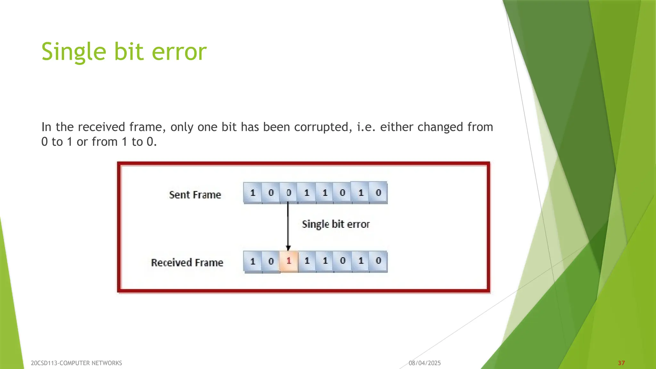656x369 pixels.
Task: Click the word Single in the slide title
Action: coord(74,52)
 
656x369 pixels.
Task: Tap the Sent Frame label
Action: coord(195,195)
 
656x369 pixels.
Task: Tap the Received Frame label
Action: coord(187,263)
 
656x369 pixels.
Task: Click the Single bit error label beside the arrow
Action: coord(336,224)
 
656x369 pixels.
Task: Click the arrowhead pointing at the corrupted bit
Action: coord(288,248)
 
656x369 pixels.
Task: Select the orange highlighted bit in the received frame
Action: coord(289,261)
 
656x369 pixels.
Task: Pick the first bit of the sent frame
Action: coord(253,193)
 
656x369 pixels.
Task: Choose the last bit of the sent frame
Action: coord(378,193)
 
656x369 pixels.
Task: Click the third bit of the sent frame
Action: coord(289,193)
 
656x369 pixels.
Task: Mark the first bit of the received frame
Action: coord(253,261)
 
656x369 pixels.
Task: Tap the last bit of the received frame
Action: coord(378,261)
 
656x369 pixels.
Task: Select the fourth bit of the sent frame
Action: coord(307,193)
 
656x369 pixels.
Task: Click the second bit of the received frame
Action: coord(271,261)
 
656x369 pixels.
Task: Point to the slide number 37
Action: coord(621,363)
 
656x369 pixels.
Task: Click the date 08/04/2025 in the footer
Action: coord(425,363)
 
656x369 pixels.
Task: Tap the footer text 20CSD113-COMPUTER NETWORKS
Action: coord(76,363)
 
